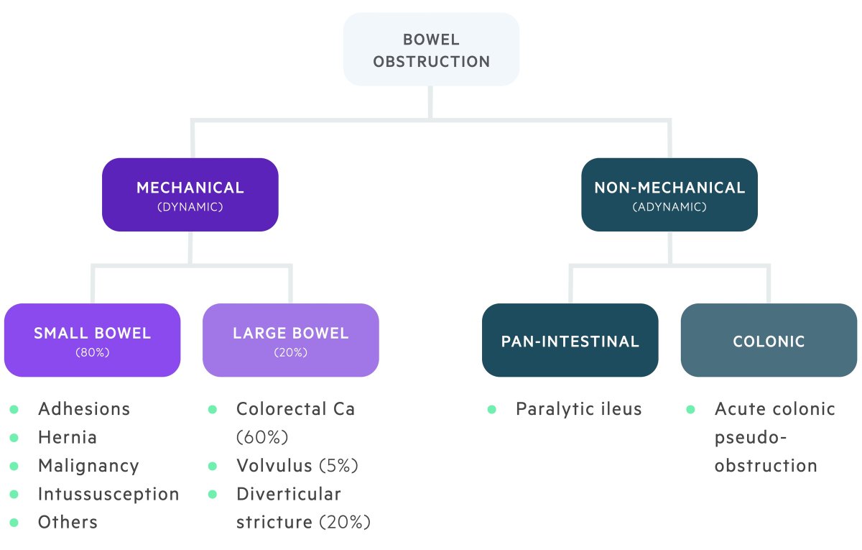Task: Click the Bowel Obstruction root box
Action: pos(431,50)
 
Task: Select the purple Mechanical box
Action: pos(190,195)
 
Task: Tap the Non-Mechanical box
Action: pos(669,195)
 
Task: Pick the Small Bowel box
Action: pos(92,340)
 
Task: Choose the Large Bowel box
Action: pos(291,340)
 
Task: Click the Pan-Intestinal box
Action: pos(570,340)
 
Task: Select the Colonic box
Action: pos(769,340)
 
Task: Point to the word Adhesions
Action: pos(84,409)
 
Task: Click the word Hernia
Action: pos(68,437)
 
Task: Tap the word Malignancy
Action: pos(88,466)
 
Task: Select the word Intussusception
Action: pos(108,494)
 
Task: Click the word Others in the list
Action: pos(68,522)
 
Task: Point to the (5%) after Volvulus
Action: pos(338,466)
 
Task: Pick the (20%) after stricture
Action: pos(345,522)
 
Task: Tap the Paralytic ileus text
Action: pos(579,409)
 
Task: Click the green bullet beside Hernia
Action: pos(14,437)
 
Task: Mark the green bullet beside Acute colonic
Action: pos(691,409)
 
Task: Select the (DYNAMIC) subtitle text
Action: pos(190,207)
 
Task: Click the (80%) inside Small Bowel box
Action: pos(92,353)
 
